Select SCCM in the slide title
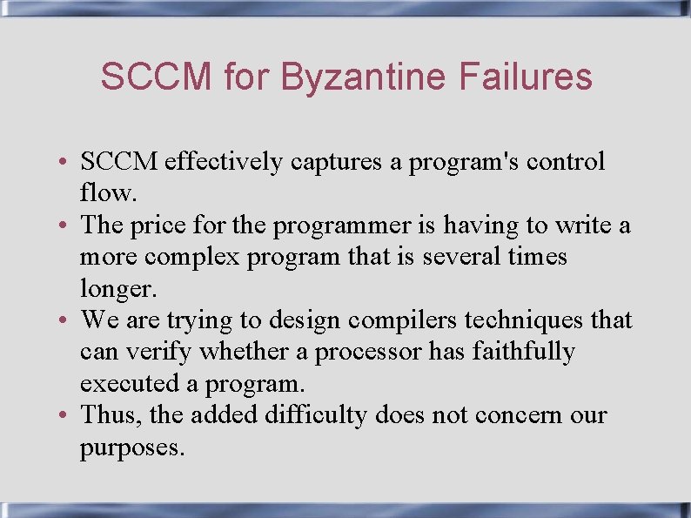(156, 77)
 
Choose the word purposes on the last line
(131, 448)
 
